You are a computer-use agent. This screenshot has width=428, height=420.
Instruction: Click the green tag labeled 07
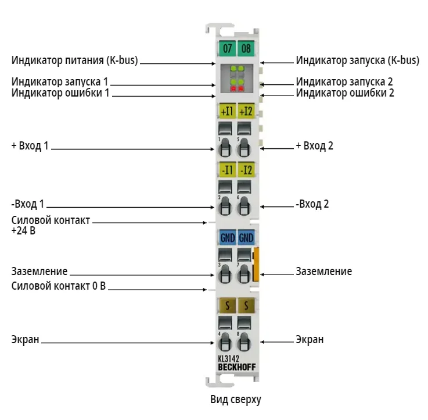[x=227, y=48]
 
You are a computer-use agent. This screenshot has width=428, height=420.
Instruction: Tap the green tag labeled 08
[x=246, y=48]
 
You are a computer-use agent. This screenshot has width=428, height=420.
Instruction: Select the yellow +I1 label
[x=228, y=111]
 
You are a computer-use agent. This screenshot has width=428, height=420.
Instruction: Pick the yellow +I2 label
[x=246, y=111]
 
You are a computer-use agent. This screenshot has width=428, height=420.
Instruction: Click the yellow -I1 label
[x=228, y=169]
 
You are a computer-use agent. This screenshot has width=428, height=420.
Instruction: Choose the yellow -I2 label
[x=246, y=169]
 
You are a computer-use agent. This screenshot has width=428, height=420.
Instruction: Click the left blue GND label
[x=228, y=237]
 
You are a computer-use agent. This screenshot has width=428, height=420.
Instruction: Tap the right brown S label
[x=246, y=305]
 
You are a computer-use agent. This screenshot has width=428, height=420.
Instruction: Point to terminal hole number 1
[x=225, y=148]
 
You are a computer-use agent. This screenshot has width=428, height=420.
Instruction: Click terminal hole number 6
[x=244, y=205]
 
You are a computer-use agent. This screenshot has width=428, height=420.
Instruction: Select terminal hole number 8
[x=244, y=342]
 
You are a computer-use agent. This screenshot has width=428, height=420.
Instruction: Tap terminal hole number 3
[x=225, y=274]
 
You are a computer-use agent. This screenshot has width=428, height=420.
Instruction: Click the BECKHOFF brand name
[x=237, y=367]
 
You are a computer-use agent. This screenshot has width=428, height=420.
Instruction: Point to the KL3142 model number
[x=228, y=359]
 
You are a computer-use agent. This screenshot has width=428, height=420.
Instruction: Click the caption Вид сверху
[x=236, y=400]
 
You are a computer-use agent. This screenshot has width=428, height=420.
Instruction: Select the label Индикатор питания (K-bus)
[x=74, y=60]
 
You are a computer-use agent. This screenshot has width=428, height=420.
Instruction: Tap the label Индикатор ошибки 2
[x=345, y=93]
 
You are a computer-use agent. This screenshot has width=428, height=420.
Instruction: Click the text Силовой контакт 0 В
[x=59, y=286]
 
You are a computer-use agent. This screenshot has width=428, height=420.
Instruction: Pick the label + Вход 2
[x=314, y=146]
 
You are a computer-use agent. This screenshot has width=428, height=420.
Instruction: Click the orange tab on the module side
[x=256, y=264]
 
